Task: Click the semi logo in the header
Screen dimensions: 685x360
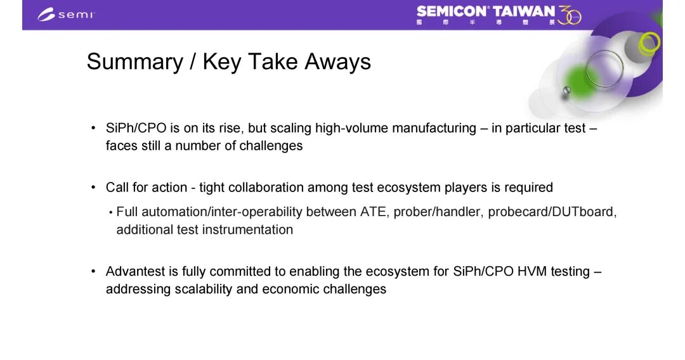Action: click(x=66, y=15)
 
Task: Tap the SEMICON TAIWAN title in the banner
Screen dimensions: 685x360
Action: click(x=485, y=11)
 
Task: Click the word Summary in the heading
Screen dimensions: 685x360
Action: click(x=135, y=61)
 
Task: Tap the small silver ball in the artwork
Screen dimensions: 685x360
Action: click(x=566, y=91)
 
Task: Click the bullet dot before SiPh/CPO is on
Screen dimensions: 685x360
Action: click(x=93, y=128)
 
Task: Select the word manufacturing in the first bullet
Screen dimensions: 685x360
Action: click(x=434, y=128)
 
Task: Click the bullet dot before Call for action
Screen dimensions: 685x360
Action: click(x=93, y=187)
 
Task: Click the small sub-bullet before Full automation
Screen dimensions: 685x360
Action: click(x=111, y=212)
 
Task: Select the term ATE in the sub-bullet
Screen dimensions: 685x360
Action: click(x=373, y=212)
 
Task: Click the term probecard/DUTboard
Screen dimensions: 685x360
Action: click(x=552, y=212)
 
